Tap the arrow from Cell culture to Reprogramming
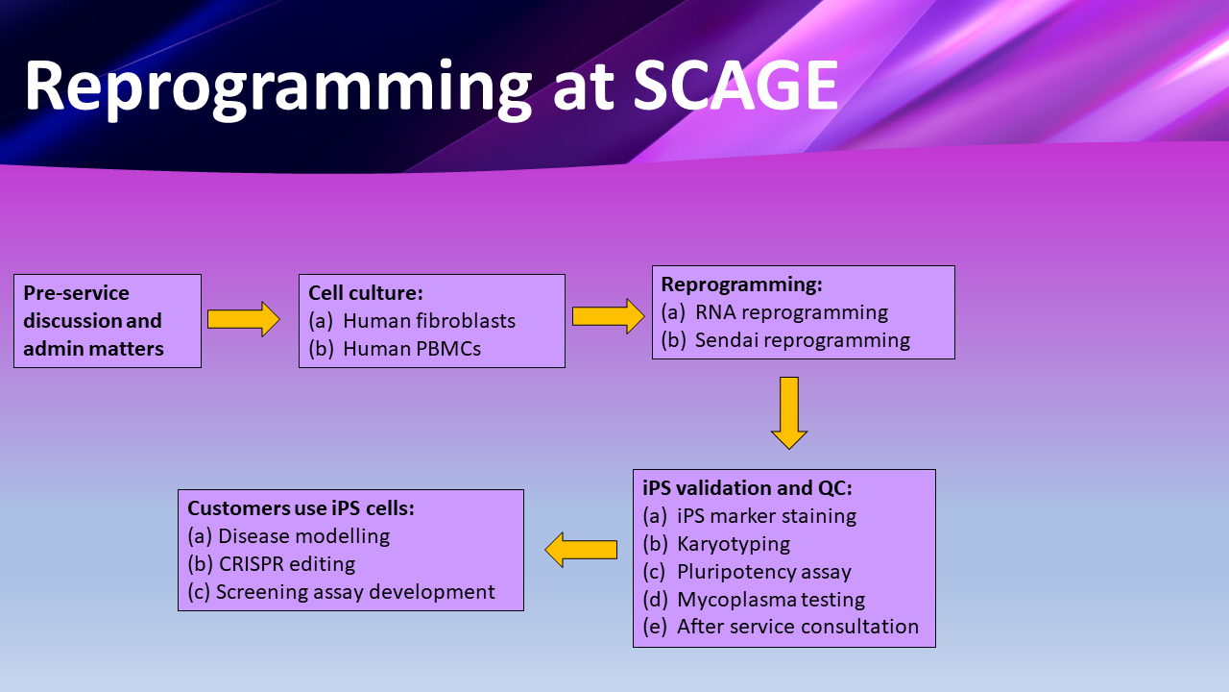coord(608,316)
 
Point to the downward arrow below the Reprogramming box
coord(789,412)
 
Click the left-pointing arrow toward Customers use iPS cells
coord(581,550)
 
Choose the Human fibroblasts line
coord(428,321)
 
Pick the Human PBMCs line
coord(411,349)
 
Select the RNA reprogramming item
coord(791,312)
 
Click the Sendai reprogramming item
coord(802,340)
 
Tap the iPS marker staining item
coord(766,516)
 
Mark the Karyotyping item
coord(734,544)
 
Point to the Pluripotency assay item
coord(763,572)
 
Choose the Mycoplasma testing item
coord(770,600)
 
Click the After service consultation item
coord(797,627)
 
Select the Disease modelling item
coord(303,536)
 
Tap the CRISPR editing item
coord(286,564)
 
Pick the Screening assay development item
coord(355,592)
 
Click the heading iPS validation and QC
coord(747,488)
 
